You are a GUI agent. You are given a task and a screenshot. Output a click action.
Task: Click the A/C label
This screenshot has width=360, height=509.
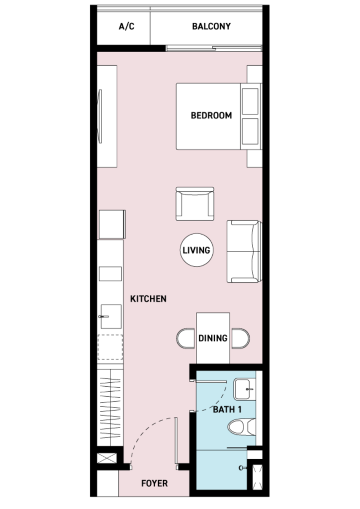point(127,26)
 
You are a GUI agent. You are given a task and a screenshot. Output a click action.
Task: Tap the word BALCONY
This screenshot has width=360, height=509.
point(211,26)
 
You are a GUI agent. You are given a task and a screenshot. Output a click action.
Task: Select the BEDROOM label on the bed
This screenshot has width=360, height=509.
point(211,115)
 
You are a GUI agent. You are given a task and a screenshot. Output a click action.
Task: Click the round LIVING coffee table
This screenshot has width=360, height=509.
point(196,250)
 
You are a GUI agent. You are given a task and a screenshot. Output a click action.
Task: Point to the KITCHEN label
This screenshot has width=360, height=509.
point(148,299)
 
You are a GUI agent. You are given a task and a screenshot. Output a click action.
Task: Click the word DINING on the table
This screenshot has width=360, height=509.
point(213,338)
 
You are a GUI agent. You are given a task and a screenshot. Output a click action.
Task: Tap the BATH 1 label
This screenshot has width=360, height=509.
point(227,410)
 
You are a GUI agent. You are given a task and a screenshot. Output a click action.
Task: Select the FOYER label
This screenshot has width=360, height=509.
point(155,483)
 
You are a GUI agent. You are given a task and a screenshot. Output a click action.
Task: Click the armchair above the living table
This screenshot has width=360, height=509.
point(195,204)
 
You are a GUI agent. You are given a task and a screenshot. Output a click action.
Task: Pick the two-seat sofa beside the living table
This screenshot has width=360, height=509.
point(244,252)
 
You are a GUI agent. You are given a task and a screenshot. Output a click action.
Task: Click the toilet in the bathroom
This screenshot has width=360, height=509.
point(242,427)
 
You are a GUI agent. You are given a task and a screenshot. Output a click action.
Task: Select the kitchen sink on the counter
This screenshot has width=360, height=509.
point(110,317)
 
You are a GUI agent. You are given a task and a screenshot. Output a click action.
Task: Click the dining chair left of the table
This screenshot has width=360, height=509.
point(186,339)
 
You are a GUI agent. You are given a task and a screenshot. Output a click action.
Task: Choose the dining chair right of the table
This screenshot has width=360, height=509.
point(240,339)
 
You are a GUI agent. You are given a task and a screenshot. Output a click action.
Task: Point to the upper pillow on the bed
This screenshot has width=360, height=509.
point(250,101)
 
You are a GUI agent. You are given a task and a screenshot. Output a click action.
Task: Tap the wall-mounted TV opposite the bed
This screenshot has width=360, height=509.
point(100,116)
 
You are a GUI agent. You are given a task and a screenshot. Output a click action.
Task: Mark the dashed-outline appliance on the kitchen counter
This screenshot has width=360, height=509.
point(110,347)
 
